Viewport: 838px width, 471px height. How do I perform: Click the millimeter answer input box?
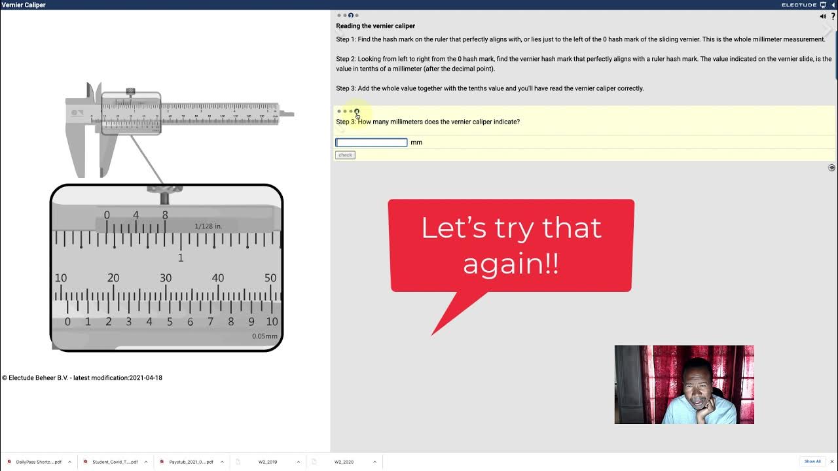[x=371, y=143]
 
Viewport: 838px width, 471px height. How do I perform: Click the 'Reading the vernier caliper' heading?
[x=375, y=26]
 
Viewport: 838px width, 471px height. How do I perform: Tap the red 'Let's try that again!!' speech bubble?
[x=511, y=245]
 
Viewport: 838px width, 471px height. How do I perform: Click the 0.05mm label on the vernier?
[x=264, y=336]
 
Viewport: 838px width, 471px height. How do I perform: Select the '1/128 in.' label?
[x=208, y=226]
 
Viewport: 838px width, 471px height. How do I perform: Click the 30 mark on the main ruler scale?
[x=166, y=278]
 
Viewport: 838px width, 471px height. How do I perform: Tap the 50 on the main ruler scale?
[x=270, y=278]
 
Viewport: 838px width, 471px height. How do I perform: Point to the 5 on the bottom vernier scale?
[x=170, y=322]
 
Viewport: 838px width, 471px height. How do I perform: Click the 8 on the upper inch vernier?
[x=165, y=215]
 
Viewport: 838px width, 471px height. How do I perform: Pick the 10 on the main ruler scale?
[x=61, y=278]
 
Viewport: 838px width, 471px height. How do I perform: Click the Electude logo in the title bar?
[x=799, y=5]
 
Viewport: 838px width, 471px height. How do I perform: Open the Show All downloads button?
[x=812, y=462]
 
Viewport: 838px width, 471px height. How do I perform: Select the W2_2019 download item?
[x=267, y=462]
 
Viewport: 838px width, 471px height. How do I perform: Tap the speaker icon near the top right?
[x=823, y=16]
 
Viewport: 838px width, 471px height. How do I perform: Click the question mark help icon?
[x=833, y=16]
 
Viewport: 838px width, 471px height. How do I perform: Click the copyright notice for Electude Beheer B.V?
[x=82, y=378]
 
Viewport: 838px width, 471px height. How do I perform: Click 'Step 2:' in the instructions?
[x=346, y=59]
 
